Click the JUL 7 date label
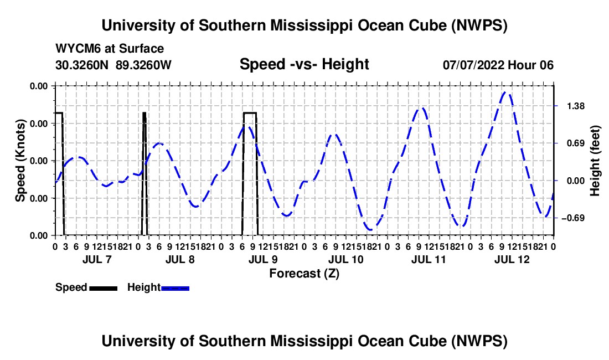coord(97,259)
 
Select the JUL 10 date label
coord(345,259)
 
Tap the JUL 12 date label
coord(512,259)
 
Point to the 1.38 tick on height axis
coord(576,106)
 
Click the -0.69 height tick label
coord(573,218)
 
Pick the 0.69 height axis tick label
coord(576,143)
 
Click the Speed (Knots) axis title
coord(20,161)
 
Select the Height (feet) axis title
coord(595,161)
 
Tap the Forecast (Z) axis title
coord(304,274)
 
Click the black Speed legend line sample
coord(104,288)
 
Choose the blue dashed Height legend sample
coord(175,288)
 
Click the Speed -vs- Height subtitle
coord(304,64)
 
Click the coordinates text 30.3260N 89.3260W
coord(113,65)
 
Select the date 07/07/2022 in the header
coord(474,65)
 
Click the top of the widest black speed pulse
coord(250,112)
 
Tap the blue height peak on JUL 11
coord(421,109)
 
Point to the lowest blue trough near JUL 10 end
coord(371,230)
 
